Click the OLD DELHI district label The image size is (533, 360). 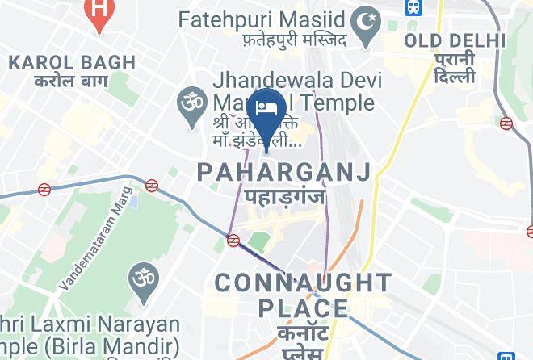click(455, 40)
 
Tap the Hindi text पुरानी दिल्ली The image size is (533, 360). click(455, 70)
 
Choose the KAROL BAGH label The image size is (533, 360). click(61, 61)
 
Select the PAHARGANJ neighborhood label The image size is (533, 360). click(283, 171)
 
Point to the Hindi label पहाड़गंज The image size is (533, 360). click(283, 196)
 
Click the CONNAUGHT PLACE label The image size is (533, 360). click(303, 295)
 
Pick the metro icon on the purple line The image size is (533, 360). click(233, 240)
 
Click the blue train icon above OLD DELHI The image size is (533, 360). click(413, 6)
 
